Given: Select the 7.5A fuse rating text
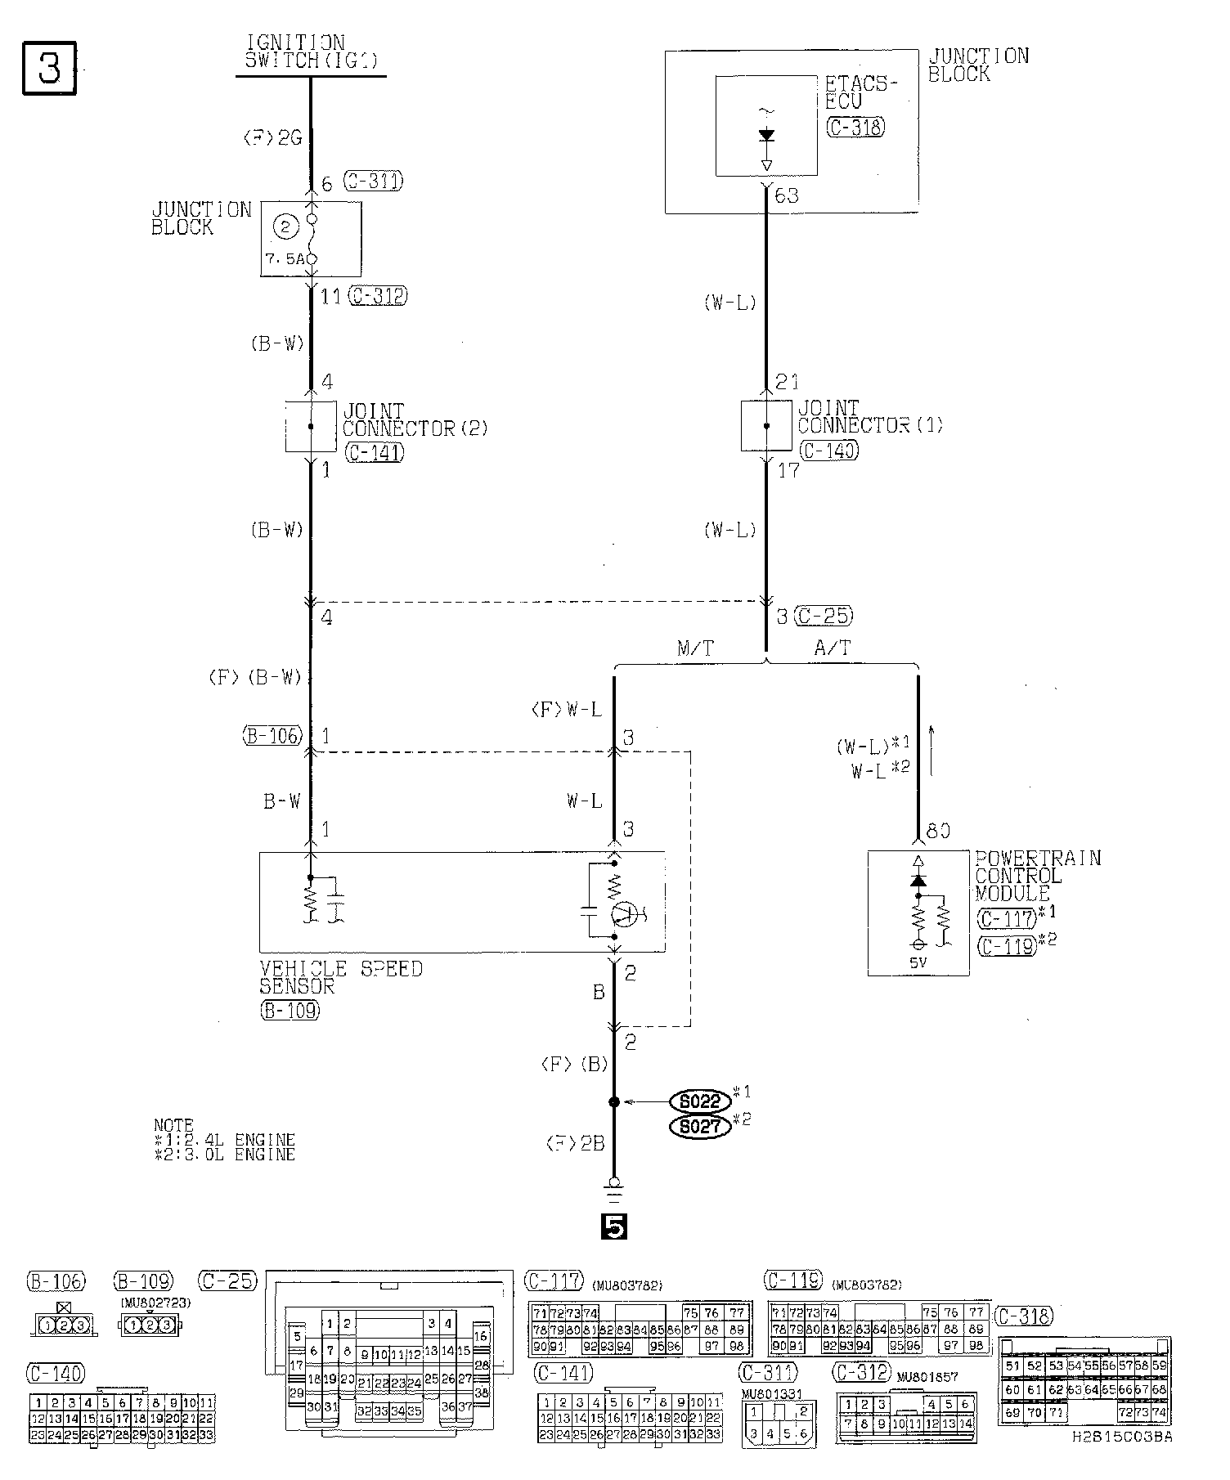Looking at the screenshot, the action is point(285,258).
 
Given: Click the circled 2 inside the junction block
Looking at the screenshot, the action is point(285,227).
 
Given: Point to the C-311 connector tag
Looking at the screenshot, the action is point(373,181).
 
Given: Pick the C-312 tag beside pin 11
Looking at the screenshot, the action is point(378,295).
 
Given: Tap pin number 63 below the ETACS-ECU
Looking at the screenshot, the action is point(786,196).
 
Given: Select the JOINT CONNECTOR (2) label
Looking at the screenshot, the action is point(414,419).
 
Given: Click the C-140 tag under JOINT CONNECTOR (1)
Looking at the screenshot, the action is point(829,450).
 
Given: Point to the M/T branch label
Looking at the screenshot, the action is point(695,648).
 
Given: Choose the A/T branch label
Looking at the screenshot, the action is point(833,648).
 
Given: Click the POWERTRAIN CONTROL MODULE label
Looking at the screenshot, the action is point(1037,875).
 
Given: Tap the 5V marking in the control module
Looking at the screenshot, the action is point(918,962).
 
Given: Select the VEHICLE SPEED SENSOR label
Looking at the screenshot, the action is point(341,977).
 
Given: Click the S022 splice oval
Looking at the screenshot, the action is point(700,1101).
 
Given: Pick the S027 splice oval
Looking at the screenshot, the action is point(700,1128).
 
